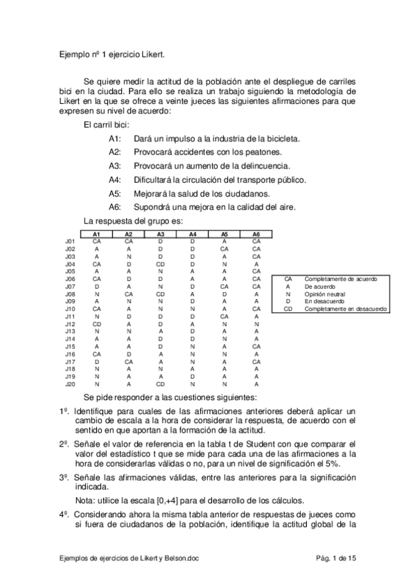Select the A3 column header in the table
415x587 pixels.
[160, 235]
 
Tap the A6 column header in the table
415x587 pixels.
[256, 235]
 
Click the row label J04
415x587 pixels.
[70, 264]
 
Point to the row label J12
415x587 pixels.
[70, 324]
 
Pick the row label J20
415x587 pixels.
[70, 384]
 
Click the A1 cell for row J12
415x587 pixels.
[97, 324]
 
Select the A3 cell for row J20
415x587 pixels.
[160, 384]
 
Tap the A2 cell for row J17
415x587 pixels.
[129, 361]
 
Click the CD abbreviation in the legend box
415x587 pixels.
[288, 309]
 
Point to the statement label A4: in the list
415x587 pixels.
[115, 180]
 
